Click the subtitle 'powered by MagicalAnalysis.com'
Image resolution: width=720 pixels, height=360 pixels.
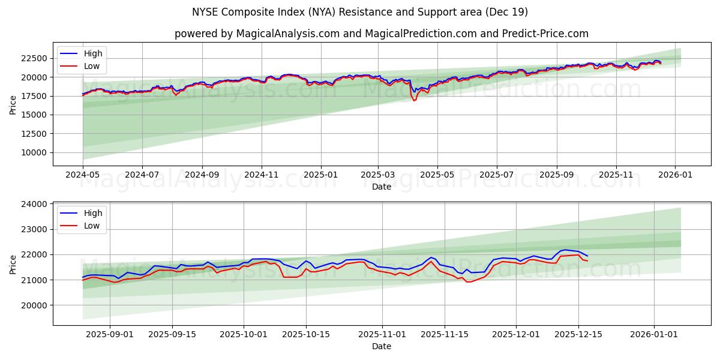click(381, 34)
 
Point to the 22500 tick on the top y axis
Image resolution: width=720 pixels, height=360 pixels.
click(34, 58)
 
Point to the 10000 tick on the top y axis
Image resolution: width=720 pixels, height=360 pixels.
click(34, 152)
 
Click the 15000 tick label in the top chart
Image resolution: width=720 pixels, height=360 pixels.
click(34, 115)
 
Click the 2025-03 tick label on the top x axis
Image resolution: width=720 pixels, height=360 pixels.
click(378, 175)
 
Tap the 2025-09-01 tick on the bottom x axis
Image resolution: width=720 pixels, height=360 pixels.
click(110, 334)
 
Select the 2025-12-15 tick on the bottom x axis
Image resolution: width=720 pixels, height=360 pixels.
click(578, 334)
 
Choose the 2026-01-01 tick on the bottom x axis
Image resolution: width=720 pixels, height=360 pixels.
click(654, 334)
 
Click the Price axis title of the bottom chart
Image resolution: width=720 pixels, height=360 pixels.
click(13, 264)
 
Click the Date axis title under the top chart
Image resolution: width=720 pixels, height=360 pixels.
click(381, 187)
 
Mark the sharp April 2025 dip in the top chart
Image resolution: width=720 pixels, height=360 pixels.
click(414, 100)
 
